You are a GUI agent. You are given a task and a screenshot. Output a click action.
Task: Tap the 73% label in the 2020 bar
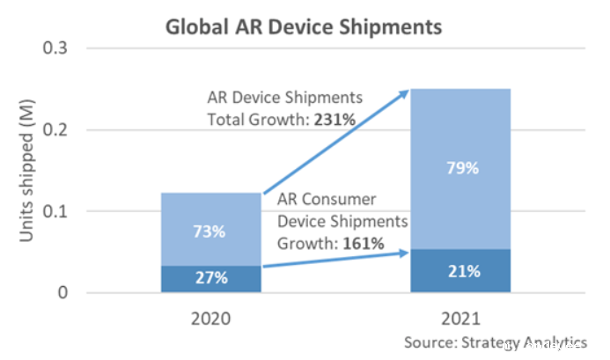click(211, 231)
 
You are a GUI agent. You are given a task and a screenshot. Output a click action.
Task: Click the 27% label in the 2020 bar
click(211, 278)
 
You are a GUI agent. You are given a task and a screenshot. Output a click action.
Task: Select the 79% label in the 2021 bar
click(461, 168)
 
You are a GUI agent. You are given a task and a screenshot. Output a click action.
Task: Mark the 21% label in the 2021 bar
click(461, 271)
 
